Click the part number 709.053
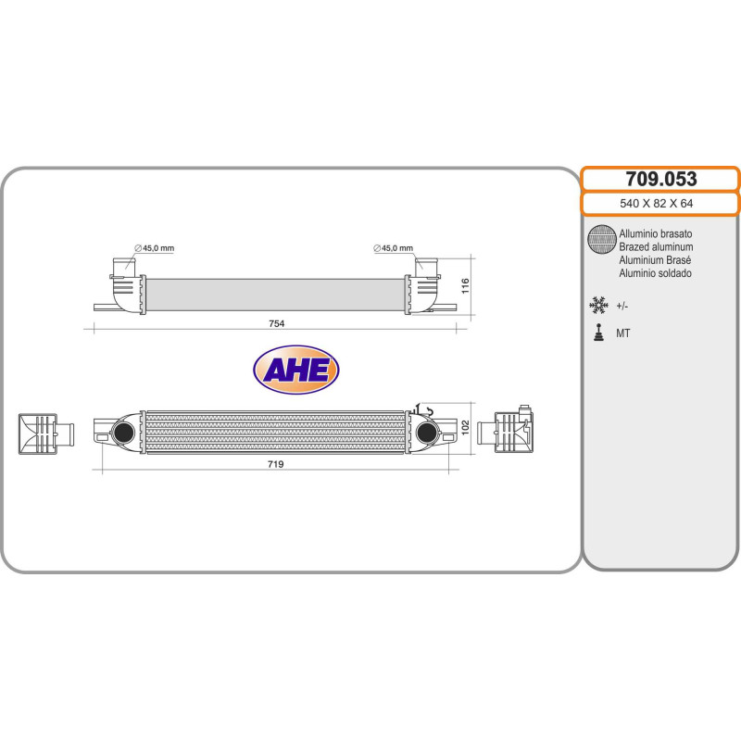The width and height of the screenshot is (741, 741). [x=659, y=179]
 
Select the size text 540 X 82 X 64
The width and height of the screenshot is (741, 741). [x=659, y=204]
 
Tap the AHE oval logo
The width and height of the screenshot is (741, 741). [x=296, y=370]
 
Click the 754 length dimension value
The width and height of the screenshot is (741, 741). [x=276, y=323]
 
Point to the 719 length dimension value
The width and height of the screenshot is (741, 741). [x=274, y=464]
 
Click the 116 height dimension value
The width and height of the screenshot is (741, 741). [x=467, y=283]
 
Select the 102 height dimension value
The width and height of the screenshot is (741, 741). [x=467, y=428]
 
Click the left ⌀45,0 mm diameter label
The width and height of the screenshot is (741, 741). [x=154, y=247]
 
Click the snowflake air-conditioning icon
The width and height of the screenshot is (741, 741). [x=599, y=305]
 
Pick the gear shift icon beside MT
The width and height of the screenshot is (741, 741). [x=599, y=333]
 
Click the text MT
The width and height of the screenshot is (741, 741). [x=623, y=333]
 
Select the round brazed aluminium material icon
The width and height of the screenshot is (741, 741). [x=601, y=240]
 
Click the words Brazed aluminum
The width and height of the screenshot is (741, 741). [x=656, y=247]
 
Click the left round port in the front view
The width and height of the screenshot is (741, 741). [x=121, y=432]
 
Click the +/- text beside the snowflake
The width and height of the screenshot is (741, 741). [x=622, y=306]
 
